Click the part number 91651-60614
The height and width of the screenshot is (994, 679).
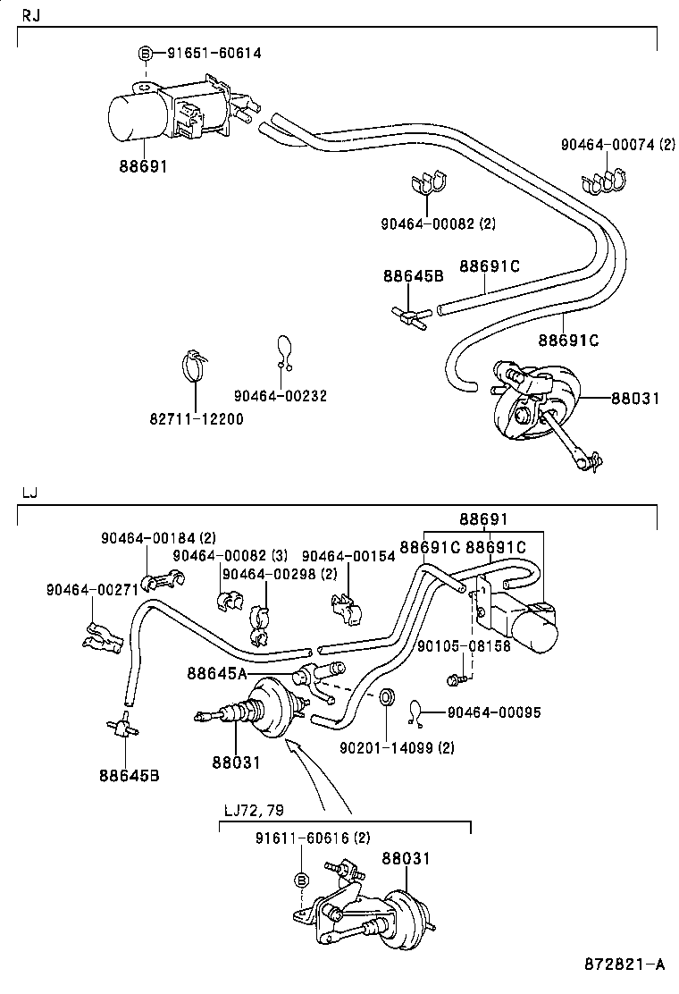(214, 53)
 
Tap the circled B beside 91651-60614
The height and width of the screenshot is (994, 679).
(147, 54)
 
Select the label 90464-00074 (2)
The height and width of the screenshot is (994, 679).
(617, 144)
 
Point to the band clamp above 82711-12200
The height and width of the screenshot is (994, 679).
(194, 364)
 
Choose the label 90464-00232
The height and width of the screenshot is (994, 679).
(280, 395)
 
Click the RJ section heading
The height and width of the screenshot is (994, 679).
(29, 16)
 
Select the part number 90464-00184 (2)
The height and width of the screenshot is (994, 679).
(157, 537)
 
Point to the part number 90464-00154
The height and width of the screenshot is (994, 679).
(348, 556)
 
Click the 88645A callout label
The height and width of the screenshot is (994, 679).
(217, 672)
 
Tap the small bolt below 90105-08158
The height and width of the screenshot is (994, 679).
(456, 681)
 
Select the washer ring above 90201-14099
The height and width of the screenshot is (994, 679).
(388, 696)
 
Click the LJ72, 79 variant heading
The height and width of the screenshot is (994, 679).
(254, 810)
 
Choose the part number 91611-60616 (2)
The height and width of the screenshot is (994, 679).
(312, 838)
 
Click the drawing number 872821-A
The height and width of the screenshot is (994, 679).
(625, 965)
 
